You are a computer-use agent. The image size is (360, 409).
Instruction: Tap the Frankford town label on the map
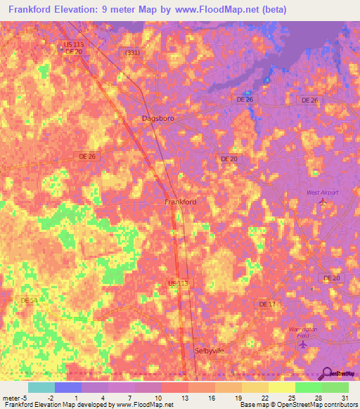(180, 202)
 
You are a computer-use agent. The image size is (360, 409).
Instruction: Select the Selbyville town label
(208, 350)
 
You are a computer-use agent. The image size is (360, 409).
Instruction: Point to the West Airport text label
(322, 192)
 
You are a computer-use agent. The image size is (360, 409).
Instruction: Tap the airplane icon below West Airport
(323, 202)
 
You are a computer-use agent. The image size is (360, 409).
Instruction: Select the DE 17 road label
(267, 304)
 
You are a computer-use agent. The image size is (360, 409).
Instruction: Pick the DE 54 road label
(29, 300)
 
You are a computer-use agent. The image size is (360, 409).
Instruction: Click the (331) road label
(131, 53)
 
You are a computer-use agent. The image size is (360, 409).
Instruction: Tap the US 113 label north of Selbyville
(177, 283)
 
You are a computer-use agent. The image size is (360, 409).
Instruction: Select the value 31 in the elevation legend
(343, 398)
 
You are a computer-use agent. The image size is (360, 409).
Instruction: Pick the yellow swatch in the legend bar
(281, 387)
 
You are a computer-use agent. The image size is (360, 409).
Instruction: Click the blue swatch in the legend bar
(68, 387)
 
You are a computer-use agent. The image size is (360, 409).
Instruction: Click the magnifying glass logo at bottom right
(327, 374)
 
